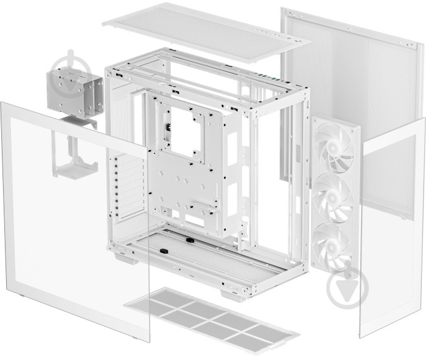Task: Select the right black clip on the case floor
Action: [x=189, y=240]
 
